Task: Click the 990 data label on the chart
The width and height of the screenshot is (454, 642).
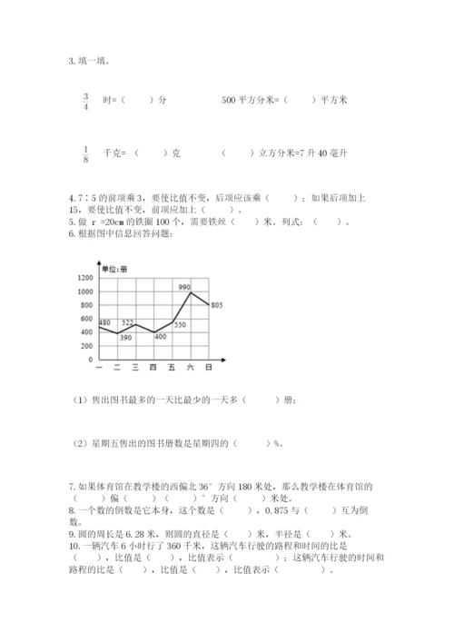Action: (185, 287)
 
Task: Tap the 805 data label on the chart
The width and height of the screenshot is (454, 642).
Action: (215, 305)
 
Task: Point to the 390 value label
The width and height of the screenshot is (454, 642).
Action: (125, 338)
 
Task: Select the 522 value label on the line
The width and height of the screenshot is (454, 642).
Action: (128, 321)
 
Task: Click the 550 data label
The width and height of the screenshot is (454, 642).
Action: (180, 324)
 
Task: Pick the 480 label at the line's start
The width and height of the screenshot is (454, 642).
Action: (104, 323)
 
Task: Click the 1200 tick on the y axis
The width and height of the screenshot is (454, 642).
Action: (85, 277)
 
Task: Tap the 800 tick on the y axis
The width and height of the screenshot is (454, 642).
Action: (87, 305)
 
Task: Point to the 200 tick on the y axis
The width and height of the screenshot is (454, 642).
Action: (87, 346)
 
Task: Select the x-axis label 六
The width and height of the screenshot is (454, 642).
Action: (191, 367)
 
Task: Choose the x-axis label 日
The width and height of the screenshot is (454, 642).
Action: (210, 367)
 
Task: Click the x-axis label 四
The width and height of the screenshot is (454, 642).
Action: (153, 367)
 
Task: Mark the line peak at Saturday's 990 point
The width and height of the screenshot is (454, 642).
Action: (191, 292)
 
